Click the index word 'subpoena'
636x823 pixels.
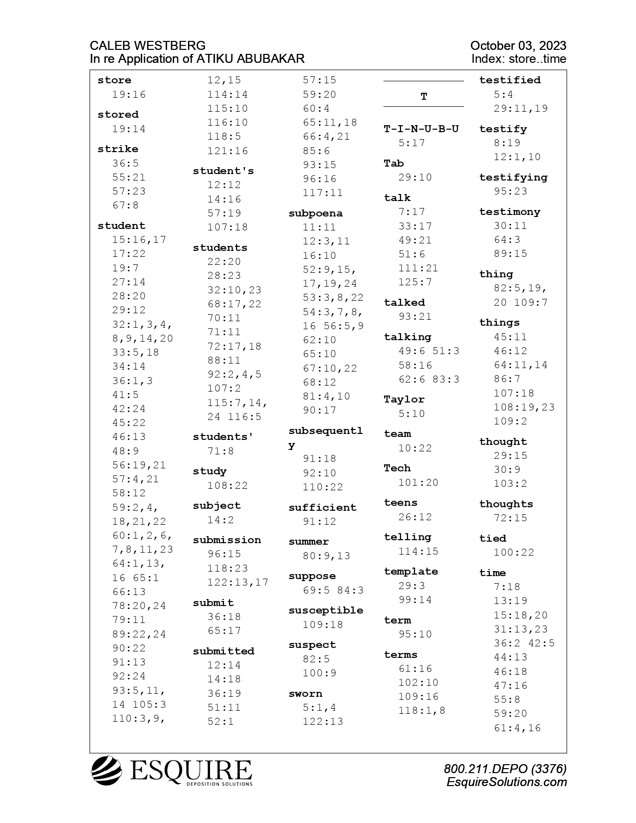click(315, 213)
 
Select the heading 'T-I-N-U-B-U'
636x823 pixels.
click(421, 129)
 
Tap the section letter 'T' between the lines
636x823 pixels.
click(424, 97)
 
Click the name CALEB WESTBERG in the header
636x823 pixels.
click(148, 46)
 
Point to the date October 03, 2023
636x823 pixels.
click(518, 46)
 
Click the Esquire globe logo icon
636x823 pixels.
click(106, 771)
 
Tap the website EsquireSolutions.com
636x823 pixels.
click(507, 782)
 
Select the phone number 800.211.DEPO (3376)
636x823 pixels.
click(505, 769)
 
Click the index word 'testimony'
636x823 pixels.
click(509, 212)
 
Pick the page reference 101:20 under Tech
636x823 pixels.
click(418, 482)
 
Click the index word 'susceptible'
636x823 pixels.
click(326, 611)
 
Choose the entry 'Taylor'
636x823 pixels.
click(404, 400)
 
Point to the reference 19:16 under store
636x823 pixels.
click(129, 94)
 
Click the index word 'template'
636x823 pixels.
click(411, 572)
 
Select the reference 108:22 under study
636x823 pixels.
click(227, 485)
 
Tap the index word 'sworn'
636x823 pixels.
click(305, 694)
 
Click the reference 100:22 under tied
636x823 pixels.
click(513, 552)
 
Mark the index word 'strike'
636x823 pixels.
click(118, 149)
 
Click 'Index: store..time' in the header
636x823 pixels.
click(518, 59)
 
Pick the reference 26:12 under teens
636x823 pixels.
click(415, 517)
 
